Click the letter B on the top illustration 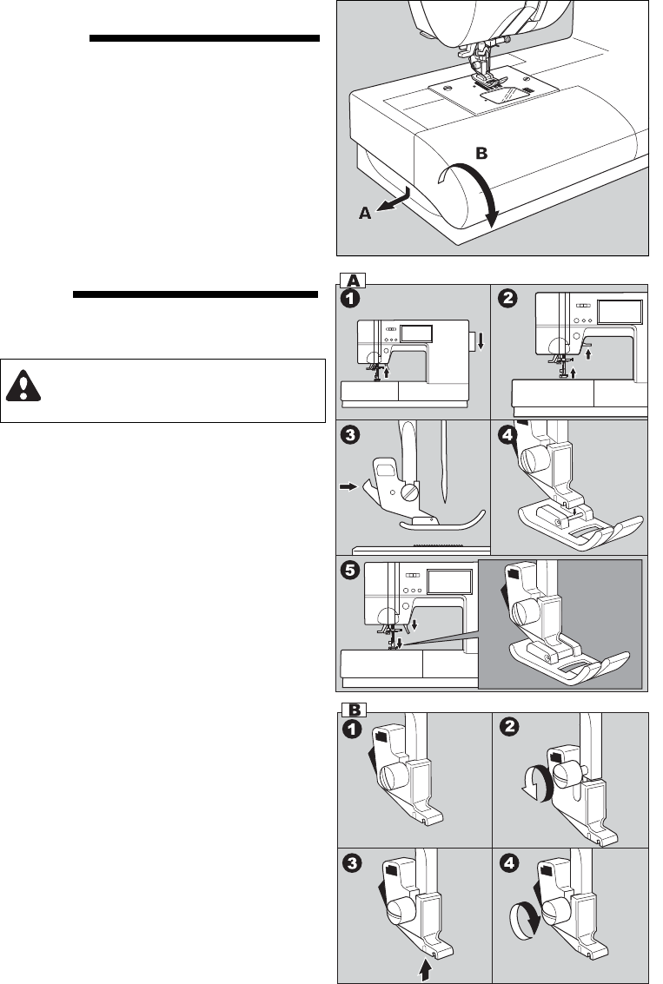click(x=481, y=154)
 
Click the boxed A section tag click(x=353, y=280)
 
